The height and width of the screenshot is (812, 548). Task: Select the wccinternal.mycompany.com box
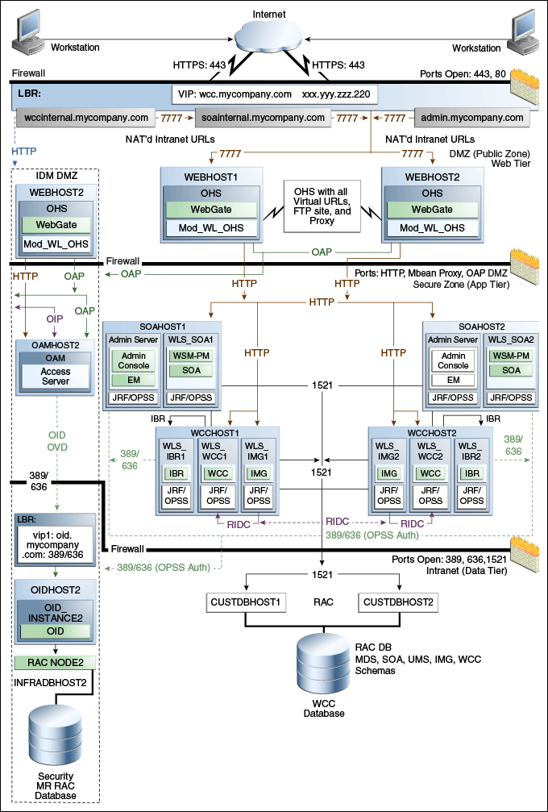(86, 118)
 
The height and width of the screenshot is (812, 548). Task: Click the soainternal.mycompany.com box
(264, 118)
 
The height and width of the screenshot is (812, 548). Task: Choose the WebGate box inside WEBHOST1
(211, 210)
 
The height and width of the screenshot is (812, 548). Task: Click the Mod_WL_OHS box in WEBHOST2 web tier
(432, 228)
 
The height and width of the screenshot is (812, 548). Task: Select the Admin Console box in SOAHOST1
(134, 360)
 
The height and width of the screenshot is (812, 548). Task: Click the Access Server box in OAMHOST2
(56, 377)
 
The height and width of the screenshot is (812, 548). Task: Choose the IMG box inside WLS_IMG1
(259, 473)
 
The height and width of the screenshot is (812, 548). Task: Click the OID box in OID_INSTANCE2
(56, 630)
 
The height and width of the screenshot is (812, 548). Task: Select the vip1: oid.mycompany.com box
(56, 545)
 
